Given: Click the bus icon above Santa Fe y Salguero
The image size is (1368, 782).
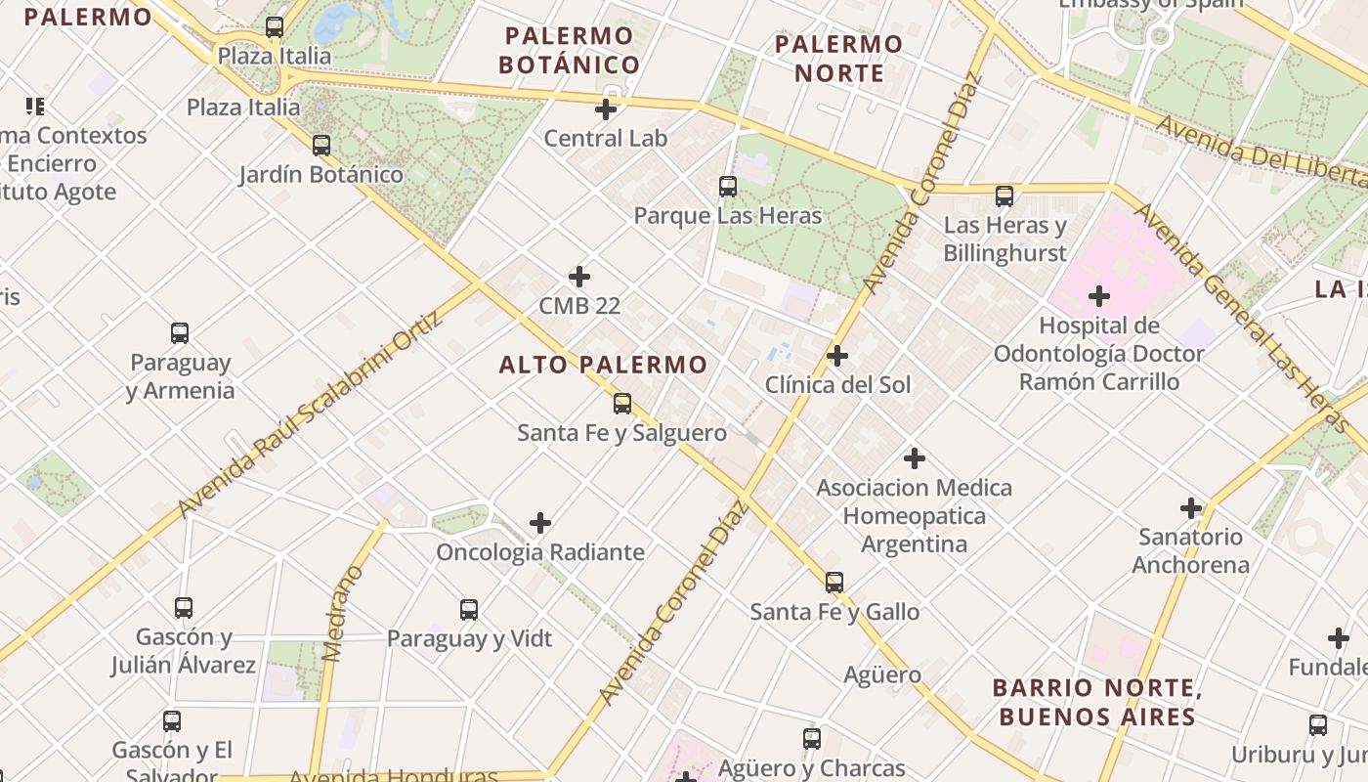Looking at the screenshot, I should [x=622, y=403].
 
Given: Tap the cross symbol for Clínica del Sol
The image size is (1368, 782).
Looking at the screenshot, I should [x=837, y=356].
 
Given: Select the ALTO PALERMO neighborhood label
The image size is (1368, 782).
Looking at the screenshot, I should [x=603, y=366].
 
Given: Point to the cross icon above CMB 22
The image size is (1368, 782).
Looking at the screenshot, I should [x=579, y=277].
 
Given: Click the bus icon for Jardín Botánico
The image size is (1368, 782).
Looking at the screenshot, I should [x=321, y=146].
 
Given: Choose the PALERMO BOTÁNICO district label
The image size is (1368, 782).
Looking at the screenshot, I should [x=569, y=51].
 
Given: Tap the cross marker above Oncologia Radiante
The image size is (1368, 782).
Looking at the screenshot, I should [x=540, y=523].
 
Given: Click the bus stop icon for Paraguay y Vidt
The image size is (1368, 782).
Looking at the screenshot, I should [x=469, y=610].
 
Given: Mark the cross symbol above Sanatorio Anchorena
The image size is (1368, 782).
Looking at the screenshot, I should [x=1191, y=508].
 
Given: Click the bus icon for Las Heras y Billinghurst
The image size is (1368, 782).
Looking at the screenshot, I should [x=1005, y=196].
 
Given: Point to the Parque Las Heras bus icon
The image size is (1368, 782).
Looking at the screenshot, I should [x=728, y=187].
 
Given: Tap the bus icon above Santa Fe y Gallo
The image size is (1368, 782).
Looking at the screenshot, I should [x=834, y=583].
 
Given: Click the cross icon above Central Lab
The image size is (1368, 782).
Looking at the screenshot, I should [x=606, y=109].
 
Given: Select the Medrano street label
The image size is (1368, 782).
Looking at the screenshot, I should [x=341, y=614].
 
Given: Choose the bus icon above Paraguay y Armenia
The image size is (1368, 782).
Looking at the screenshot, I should [x=180, y=333].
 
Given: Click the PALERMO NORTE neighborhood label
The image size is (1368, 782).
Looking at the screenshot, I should [x=838, y=58].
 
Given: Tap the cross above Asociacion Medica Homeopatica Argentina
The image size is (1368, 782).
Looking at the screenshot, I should [x=915, y=457].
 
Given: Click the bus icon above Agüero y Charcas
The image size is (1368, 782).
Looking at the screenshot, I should [x=812, y=739].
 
